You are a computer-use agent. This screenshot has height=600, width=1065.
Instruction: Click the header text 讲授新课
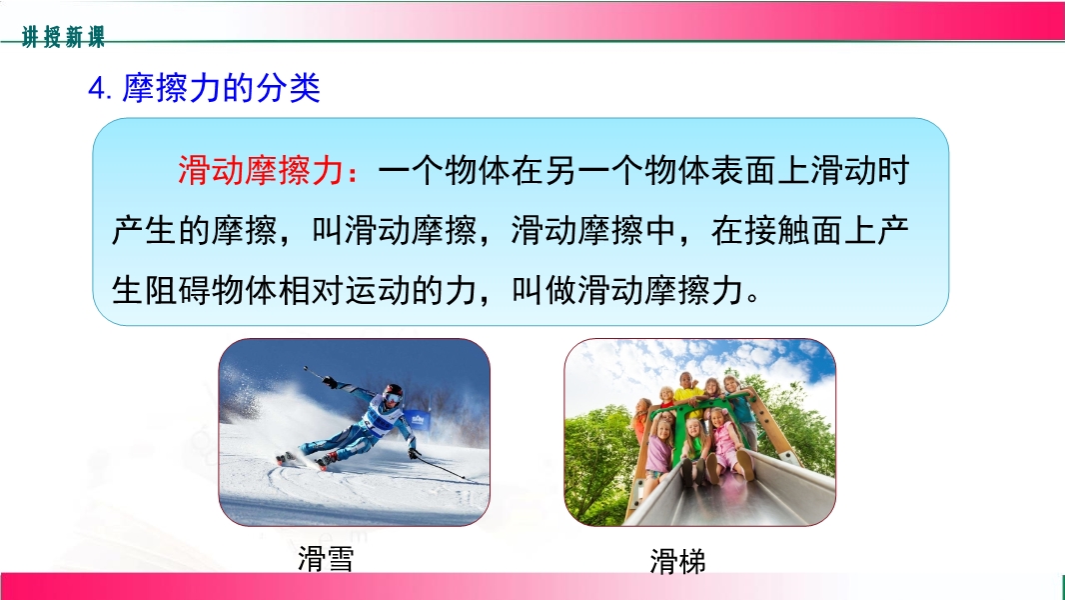(x=63, y=37)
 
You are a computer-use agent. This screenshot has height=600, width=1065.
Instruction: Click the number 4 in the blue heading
(x=96, y=89)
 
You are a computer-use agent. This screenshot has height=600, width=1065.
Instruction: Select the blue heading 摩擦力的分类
(x=221, y=88)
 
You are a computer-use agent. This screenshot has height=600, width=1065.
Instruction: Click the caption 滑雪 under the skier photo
(x=326, y=559)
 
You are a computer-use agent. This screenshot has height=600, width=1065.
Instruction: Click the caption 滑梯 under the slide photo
(x=677, y=561)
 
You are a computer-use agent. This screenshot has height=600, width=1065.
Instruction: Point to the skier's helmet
(x=393, y=393)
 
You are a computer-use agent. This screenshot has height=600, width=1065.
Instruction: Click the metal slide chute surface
(x=733, y=496)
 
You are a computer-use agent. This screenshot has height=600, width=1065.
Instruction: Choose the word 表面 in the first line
(x=743, y=171)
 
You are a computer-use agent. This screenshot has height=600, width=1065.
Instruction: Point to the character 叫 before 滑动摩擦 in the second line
(x=328, y=231)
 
